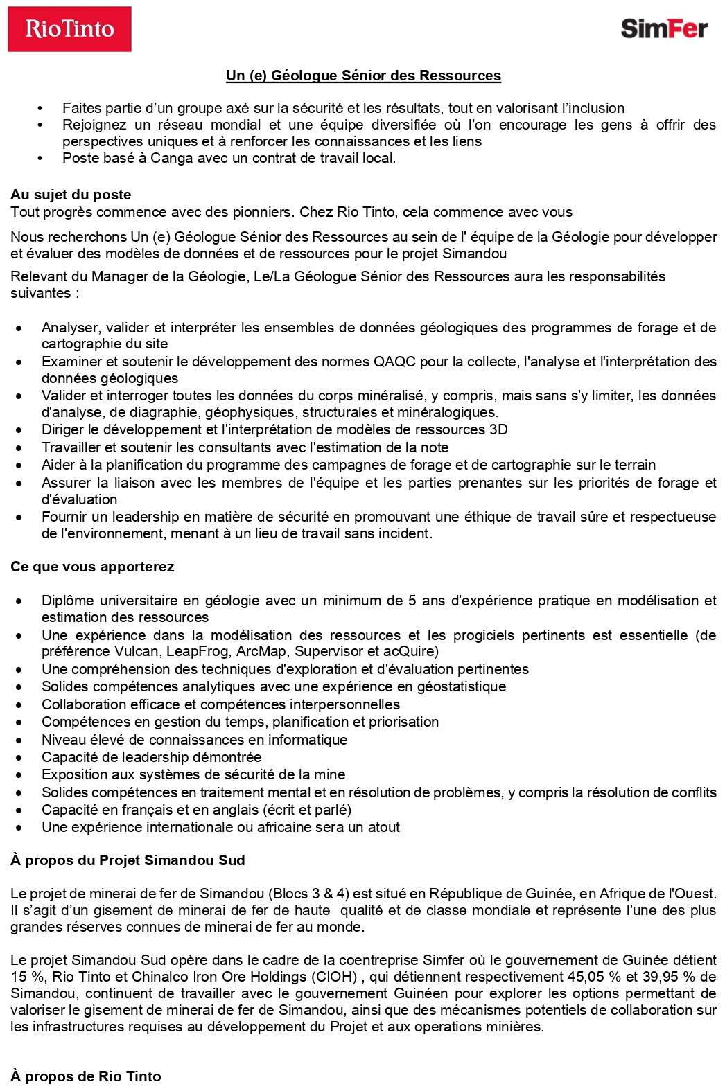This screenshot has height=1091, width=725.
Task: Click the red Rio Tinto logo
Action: click(69, 29)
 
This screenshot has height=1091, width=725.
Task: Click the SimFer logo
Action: click(664, 28)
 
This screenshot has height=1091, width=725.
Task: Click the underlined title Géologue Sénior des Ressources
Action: click(363, 76)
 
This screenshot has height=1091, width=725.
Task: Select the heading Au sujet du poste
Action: click(71, 195)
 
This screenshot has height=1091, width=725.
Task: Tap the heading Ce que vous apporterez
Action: click(92, 567)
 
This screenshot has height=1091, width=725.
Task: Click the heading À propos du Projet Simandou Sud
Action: click(128, 860)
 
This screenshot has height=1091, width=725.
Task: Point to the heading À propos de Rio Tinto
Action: click(85, 1076)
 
